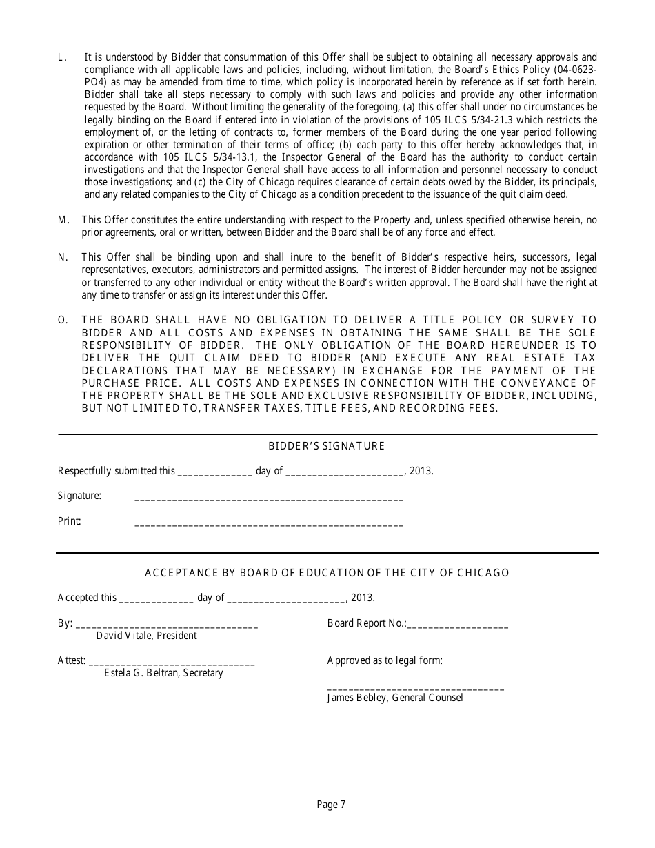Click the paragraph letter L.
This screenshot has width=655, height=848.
click(62, 58)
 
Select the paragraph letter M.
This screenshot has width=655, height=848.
click(63, 220)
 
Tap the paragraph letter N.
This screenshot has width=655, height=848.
click(63, 257)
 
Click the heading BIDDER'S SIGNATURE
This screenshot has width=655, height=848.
click(326, 446)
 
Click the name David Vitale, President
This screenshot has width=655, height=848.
click(146, 636)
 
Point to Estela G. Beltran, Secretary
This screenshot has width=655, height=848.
click(163, 673)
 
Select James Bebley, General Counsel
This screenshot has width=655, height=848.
click(394, 698)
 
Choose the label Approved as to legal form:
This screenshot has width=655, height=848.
click(385, 660)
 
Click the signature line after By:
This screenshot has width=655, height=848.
click(166, 626)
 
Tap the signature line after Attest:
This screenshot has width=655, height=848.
click(172, 663)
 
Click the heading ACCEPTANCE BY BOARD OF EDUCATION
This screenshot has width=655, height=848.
click(327, 573)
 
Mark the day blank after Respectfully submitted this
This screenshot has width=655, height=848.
click(214, 474)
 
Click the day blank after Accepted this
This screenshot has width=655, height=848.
click(157, 600)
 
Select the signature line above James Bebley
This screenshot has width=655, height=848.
click(415, 688)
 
